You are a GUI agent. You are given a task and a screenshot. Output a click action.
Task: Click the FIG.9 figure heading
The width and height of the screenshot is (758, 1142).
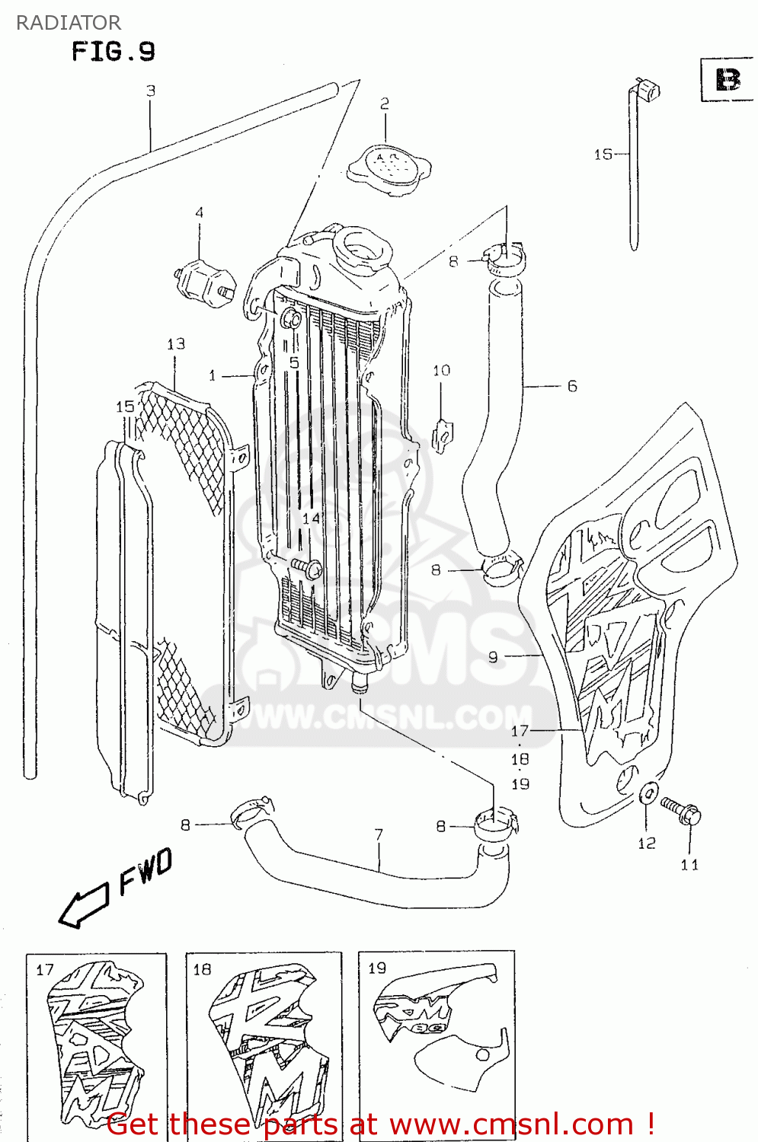point(113,52)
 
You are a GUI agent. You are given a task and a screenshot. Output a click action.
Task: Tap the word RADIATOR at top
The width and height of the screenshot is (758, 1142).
point(69,22)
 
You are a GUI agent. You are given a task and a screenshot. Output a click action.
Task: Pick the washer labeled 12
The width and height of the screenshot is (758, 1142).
point(647,793)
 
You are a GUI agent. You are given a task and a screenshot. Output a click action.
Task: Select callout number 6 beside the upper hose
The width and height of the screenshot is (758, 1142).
point(571,387)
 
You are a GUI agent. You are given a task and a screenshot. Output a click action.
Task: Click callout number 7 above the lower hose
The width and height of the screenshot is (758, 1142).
point(379,835)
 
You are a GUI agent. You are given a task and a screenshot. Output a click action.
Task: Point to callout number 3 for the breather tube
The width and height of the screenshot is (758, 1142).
point(151,91)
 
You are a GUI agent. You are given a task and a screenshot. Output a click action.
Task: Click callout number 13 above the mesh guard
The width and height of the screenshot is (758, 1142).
point(176,344)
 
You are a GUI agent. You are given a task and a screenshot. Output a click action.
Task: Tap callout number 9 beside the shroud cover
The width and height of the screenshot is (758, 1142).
point(493,656)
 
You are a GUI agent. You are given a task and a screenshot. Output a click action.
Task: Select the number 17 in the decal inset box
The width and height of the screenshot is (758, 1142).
point(45,969)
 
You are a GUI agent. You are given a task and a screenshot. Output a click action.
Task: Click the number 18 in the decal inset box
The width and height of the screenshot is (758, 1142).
point(202,969)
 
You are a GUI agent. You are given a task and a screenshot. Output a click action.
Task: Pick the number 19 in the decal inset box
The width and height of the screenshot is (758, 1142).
point(377,968)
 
